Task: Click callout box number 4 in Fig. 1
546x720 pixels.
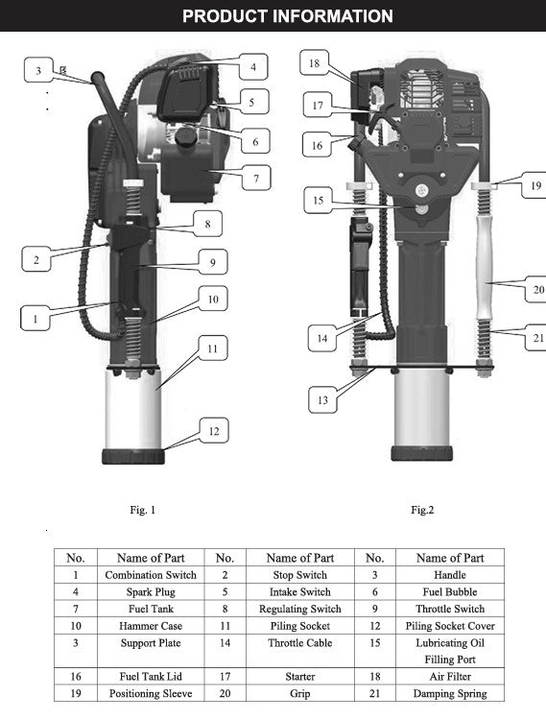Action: [x=253, y=67]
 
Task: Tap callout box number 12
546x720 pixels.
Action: [x=214, y=431]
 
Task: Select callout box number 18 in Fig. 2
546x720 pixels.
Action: [x=315, y=62]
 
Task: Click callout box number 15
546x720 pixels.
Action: [x=319, y=201]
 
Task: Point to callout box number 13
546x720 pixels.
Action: [x=322, y=399]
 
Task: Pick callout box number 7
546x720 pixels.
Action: [x=256, y=179]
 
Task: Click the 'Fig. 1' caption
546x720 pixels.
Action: [x=143, y=510]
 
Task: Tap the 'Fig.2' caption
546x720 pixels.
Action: [x=422, y=510]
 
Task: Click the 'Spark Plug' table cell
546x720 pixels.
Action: [x=151, y=592]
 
